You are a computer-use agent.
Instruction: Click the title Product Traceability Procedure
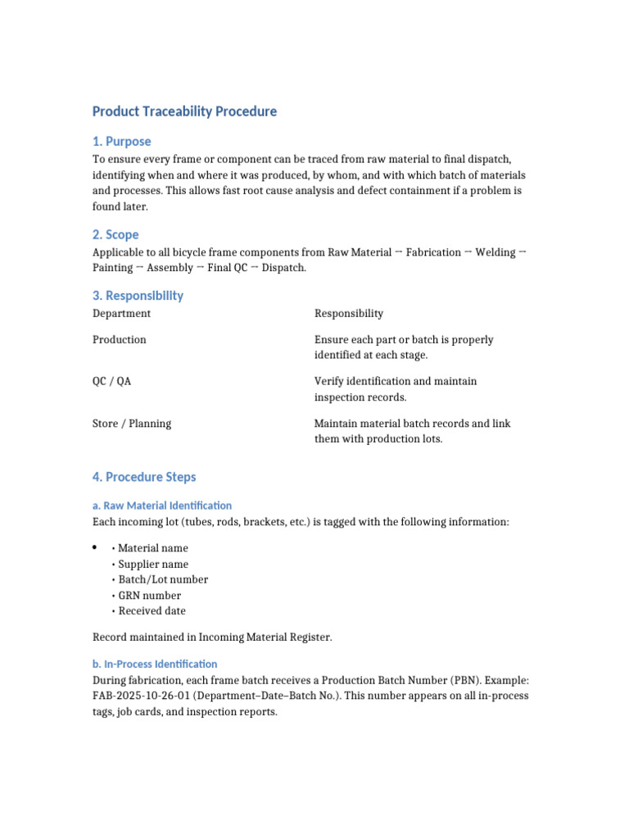coord(184,111)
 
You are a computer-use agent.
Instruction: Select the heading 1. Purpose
coord(121,141)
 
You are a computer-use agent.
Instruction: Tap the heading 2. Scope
coord(115,234)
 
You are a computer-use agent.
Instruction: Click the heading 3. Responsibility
coord(138,295)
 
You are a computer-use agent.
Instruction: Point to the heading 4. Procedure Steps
coord(144,477)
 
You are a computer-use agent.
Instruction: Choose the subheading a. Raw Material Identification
coord(162,506)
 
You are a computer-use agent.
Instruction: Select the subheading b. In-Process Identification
coord(155,664)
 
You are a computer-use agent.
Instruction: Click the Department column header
coord(121,313)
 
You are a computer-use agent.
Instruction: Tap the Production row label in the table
coord(120,339)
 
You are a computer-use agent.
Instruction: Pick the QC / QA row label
coord(112,381)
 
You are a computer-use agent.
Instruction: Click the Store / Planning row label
coord(132,424)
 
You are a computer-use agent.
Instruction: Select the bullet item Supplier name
coord(153,564)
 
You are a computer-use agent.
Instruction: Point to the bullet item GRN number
coord(150,595)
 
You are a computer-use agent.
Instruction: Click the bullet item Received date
coord(152,610)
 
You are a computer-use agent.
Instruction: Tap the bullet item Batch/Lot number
coord(163,579)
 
